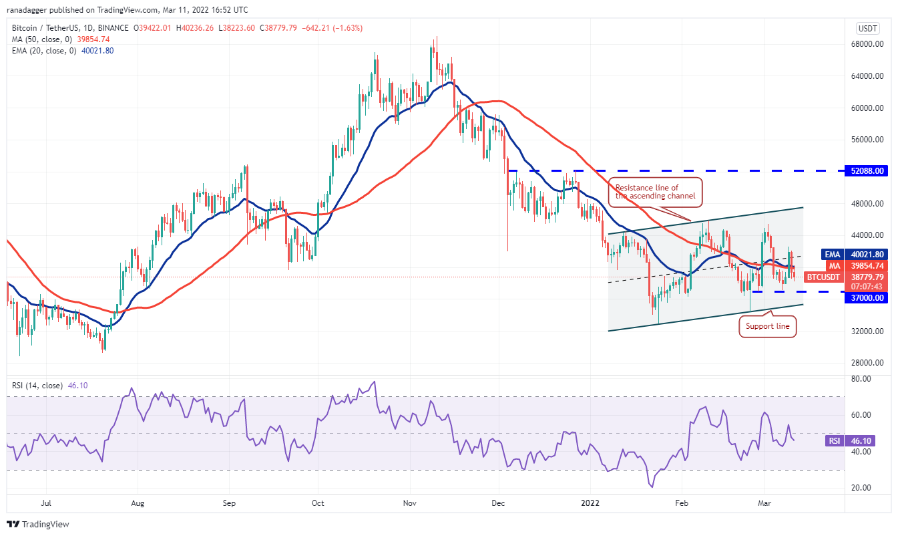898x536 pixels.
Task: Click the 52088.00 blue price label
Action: (869, 171)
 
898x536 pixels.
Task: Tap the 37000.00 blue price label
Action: (869, 298)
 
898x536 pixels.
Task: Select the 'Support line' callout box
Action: (767, 327)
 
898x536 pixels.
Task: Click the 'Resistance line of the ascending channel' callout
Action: (656, 192)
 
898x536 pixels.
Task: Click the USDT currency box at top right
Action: (868, 29)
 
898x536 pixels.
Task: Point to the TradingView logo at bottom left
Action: (39, 525)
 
